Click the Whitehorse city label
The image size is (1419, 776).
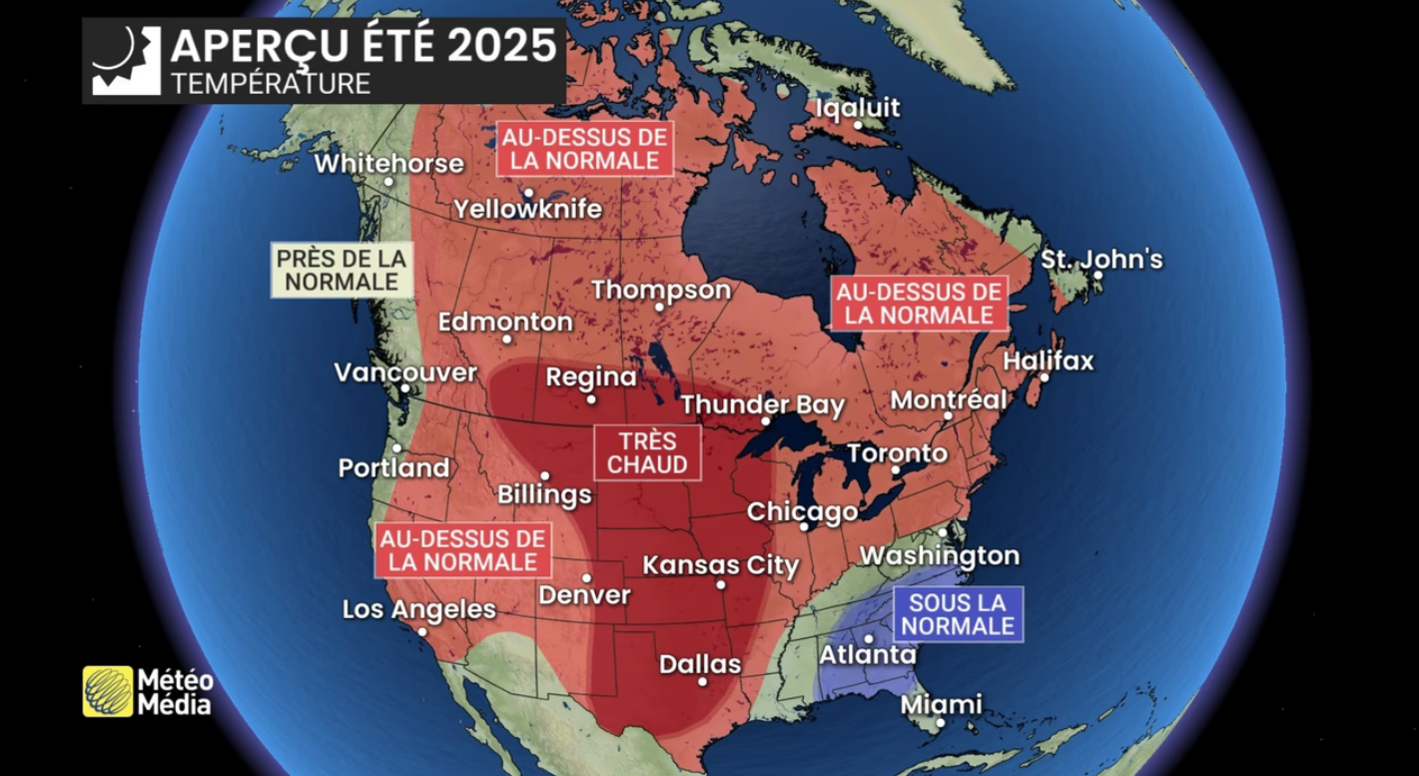[x=389, y=163]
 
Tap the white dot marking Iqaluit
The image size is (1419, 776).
[x=858, y=125]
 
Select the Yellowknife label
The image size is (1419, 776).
[x=527, y=209]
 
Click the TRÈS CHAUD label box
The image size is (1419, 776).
[x=647, y=452]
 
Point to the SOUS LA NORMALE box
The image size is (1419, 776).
[x=959, y=613]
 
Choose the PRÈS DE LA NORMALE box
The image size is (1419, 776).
[x=342, y=270]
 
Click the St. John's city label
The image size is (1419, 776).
[x=1101, y=260]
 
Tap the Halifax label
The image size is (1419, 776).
[x=1049, y=361]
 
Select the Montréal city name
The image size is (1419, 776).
[x=948, y=399]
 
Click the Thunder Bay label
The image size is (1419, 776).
[x=763, y=405]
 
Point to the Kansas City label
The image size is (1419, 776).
[x=721, y=565]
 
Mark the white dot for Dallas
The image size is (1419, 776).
[x=703, y=682]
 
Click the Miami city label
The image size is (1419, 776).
[x=941, y=704]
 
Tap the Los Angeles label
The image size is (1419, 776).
[x=418, y=609]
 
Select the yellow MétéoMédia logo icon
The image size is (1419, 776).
[x=108, y=691]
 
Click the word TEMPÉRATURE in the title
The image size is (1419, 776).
[x=271, y=83]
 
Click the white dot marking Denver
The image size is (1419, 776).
[x=587, y=577]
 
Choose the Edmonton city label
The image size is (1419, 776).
[x=505, y=322]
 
